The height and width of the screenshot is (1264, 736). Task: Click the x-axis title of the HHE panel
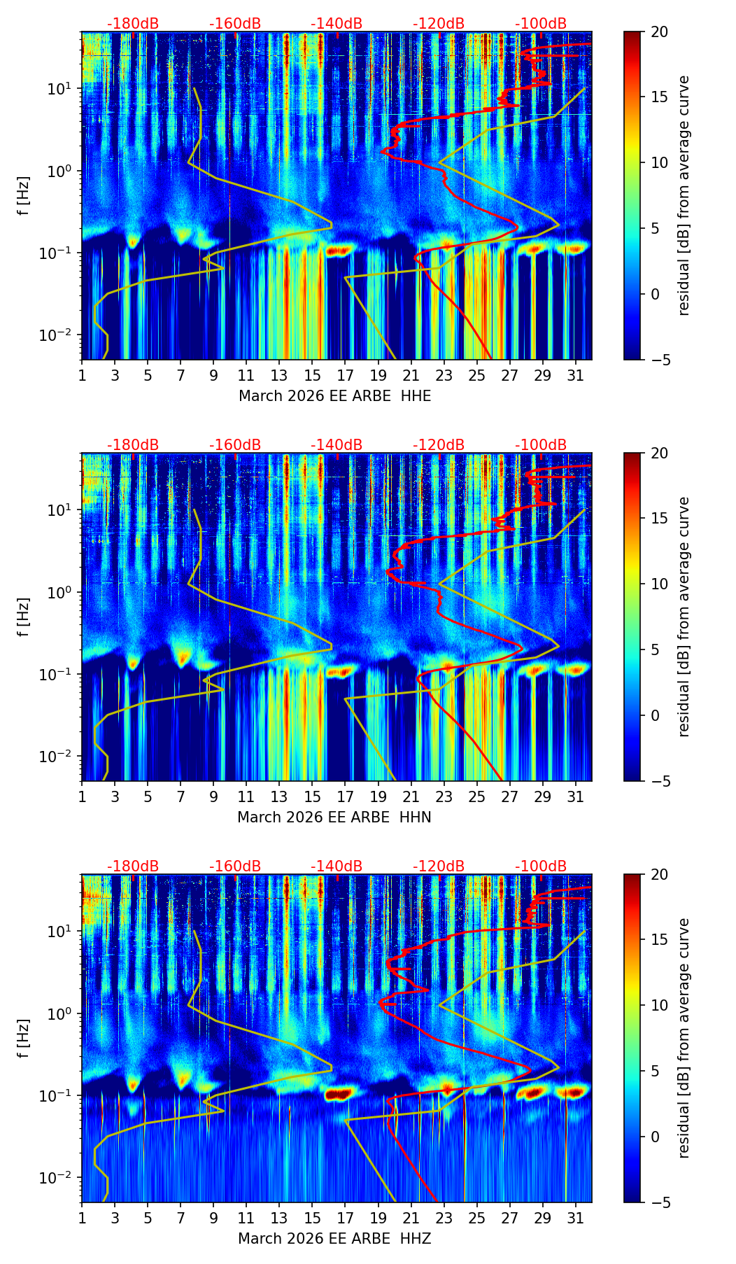coord(334,396)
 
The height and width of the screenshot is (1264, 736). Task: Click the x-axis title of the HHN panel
coord(334,817)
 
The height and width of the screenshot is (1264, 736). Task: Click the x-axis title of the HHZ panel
coord(334,1239)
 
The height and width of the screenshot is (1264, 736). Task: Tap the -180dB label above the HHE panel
coord(133,24)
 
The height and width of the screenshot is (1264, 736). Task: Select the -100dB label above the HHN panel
coord(541,445)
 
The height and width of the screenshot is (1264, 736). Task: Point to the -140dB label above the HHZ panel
coord(337,866)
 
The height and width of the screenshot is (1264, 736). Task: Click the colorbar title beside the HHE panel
coord(684,195)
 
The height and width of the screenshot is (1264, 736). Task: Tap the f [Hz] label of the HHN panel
coord(24,617)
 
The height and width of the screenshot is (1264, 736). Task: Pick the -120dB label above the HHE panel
coord(439,24)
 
